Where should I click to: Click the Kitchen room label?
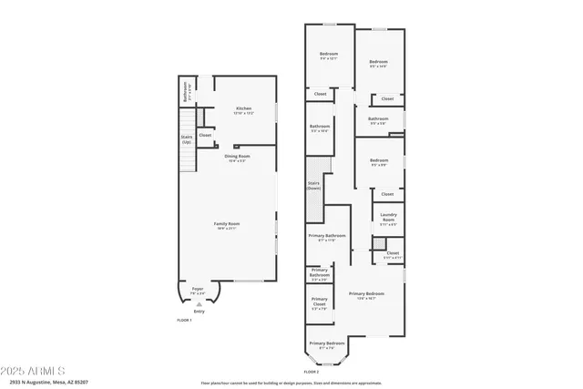[x=243, y=109]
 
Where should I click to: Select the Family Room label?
[x=227, y=225]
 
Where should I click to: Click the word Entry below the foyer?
[x=199, y=312]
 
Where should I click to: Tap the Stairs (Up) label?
[x=187, y=139]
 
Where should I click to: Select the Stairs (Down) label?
[x=314, y=185]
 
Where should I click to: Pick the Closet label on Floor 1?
[x=205, y=135]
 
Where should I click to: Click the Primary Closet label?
[x=320, y=301]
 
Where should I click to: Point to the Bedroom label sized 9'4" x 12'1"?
[x=329, y=56]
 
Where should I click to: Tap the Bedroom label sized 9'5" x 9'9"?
[x=379, y=164]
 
